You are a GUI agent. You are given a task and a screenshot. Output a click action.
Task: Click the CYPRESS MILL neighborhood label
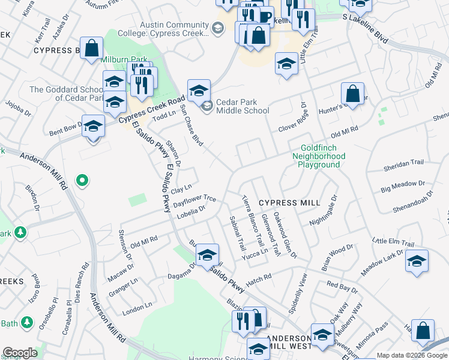pos(289,203)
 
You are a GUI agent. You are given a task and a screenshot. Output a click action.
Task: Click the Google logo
pos(20,353)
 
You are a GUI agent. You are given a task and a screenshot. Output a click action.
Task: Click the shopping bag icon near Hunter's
pos(352,94)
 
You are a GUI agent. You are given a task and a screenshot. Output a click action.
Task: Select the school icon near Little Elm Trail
pos(417,261)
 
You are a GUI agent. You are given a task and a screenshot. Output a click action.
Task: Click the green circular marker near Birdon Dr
pos(83,179)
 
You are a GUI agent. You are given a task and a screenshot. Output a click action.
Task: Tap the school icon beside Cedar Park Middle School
pos(199,91)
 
